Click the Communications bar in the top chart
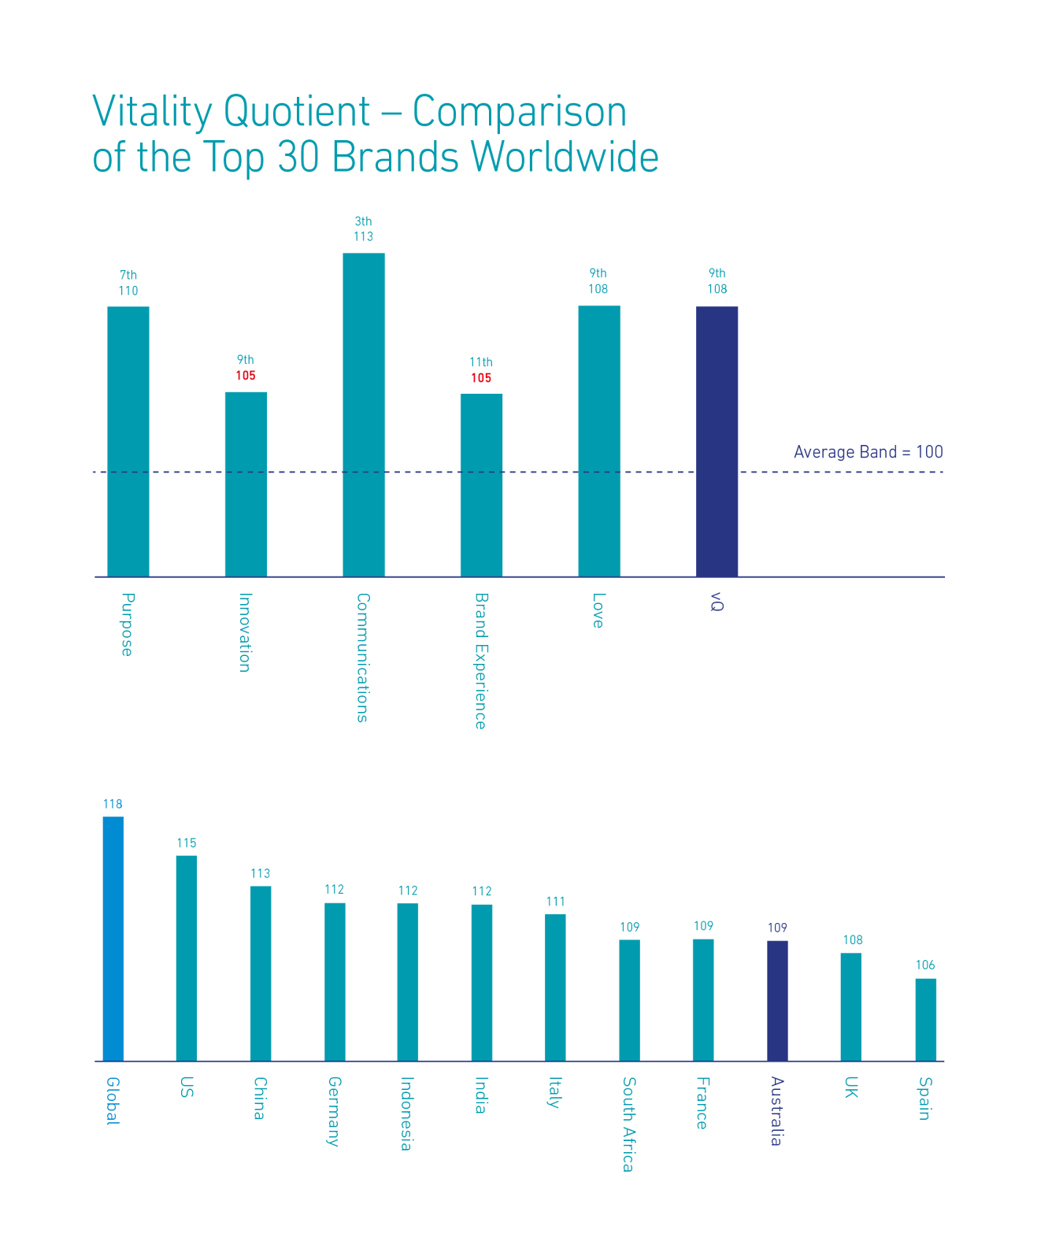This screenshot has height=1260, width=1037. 364,414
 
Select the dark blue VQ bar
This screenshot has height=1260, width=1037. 717,441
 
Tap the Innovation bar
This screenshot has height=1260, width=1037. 246,484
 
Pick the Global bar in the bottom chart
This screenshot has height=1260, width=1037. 113,938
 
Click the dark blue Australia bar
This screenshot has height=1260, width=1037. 777,1000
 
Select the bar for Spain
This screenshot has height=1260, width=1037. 925,1019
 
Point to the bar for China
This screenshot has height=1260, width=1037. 261,973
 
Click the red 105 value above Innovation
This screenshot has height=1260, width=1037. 246,376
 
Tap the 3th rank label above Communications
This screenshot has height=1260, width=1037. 363,222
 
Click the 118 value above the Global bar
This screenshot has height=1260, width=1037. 113,804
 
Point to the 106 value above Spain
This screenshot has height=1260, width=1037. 925,965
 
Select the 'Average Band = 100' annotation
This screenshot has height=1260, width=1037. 868,453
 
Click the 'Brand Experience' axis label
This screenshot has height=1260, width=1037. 481,661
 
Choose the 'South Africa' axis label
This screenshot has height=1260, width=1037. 628,1124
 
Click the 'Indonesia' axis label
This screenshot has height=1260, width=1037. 406,1114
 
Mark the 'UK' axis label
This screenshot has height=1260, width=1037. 851,1088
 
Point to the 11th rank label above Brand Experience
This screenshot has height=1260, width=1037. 481,362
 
